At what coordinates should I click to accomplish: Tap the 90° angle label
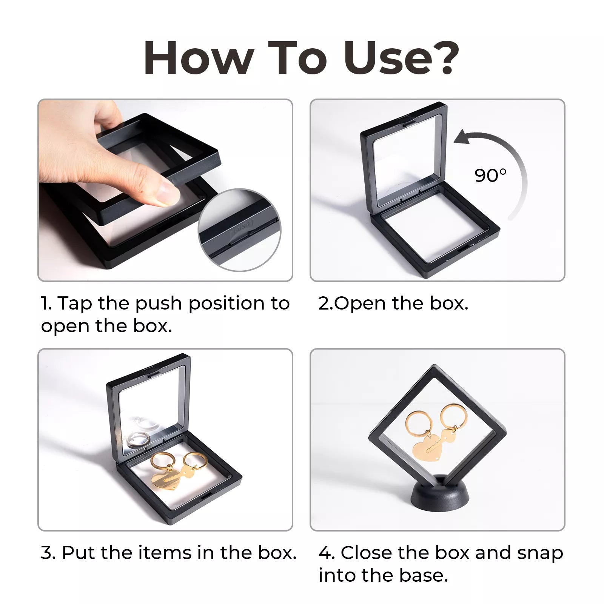click(490, 176)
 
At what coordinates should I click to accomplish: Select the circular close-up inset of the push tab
click(240, 230)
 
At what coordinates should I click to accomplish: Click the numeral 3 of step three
click(47, 553)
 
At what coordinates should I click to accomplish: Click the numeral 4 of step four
click(325, 553)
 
